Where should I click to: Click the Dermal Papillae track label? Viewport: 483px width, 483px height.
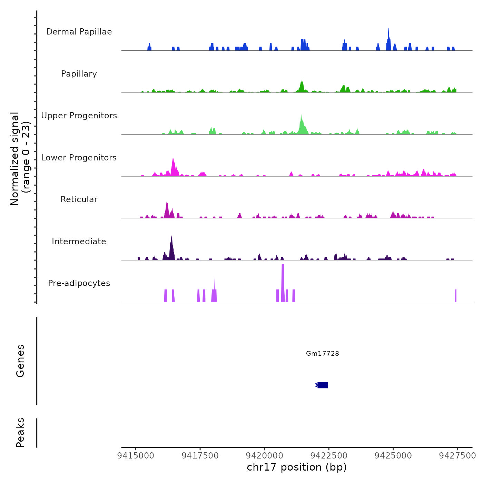(x=79, y=32)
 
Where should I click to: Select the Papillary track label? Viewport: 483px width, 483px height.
(x=79, y=74)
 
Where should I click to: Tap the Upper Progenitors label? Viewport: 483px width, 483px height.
(x=79, y=116)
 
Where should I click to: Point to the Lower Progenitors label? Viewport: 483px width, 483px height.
(x=79, y=158)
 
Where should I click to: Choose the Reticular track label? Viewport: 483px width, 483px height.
(x=79, y=199)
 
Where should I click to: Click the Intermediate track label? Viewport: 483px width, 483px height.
(x=79, y=241)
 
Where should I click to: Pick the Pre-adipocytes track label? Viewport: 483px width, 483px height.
(x=79, y=283)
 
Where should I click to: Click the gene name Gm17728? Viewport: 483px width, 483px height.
(x=323, y=353)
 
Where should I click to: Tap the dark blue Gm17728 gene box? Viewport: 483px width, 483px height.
(x=323, y=385)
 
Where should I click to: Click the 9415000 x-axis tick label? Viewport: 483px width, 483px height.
(x=136, y=456)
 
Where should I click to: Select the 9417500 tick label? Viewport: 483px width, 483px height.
(x=200, y=456)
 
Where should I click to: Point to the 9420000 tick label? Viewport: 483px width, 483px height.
(x=265, y=456)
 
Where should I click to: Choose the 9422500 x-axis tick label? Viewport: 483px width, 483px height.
(x=329, y=456)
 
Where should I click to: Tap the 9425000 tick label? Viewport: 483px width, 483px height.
(x=393, y=456)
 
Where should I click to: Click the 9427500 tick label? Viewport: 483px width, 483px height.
(x=457, y=456)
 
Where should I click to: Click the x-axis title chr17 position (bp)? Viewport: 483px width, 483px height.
(x=297, y=467)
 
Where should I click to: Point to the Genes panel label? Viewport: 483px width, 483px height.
(x=20, y=361)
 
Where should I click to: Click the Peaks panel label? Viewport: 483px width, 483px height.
(x=20, y=433)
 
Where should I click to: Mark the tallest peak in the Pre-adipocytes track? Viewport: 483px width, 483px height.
(x=283, y=266)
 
